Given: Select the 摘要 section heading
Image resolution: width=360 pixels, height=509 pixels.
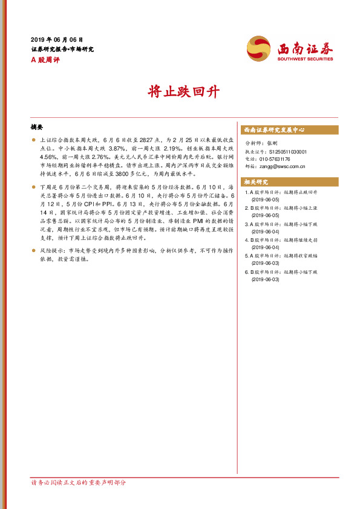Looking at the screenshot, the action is click(x=37, y=128).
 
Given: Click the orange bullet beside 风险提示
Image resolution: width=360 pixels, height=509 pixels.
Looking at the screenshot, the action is click(x=34, y=250).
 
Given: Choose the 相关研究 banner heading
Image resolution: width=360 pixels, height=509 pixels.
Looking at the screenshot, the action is click(x=257, y=181).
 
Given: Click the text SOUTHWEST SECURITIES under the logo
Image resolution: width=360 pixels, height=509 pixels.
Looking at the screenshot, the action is click(x=305, y=59).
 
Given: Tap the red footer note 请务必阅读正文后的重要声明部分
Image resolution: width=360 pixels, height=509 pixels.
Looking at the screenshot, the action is click(x=79, y=482).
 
